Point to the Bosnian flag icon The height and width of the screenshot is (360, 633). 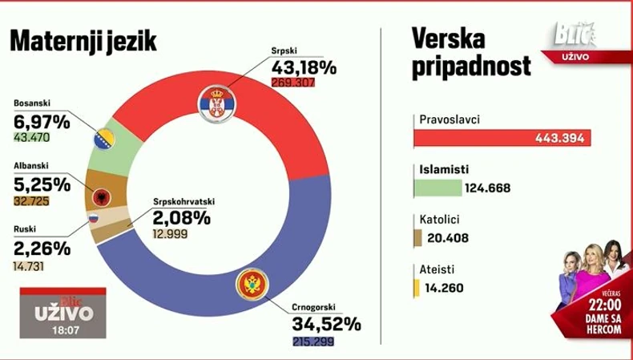pos(104,138)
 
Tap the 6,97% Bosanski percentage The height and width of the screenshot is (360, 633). pos(42,122)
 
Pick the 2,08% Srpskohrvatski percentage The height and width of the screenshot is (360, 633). pos(182,217)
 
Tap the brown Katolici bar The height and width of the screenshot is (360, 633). pos(417,237)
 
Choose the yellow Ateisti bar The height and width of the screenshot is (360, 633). pos(416,286)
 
